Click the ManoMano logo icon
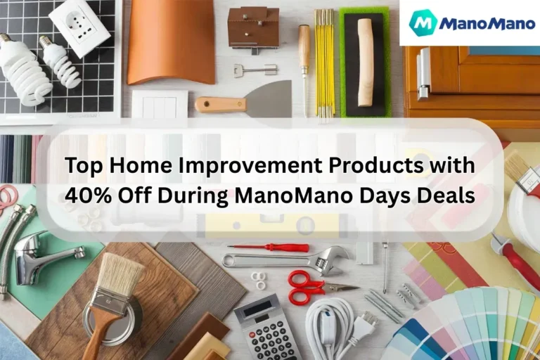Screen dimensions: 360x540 (x=423, y=22)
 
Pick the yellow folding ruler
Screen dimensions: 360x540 (x=324, y=63)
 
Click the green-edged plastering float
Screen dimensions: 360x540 (x=364, y=62)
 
